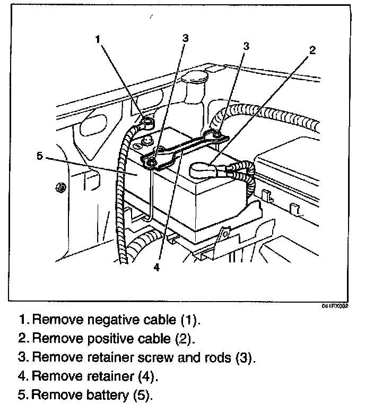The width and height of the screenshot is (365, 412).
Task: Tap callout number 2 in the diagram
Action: coord(312,50)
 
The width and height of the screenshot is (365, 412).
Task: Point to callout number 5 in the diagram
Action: coord(39,156)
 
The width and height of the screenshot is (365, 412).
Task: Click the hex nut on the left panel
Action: coord(60,187)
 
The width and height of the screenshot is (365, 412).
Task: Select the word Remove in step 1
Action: coord(49,321)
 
